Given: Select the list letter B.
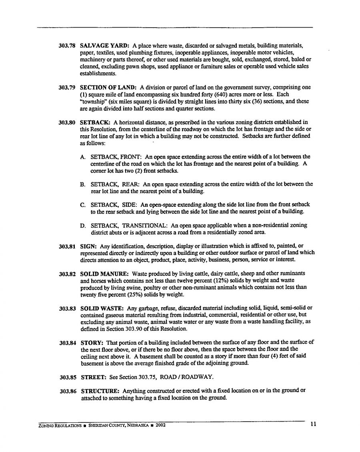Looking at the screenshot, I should click(x=83, y=185).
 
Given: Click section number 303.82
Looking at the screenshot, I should click(x=67, y=274).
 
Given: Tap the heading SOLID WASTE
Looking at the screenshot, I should click(x=102, y=308).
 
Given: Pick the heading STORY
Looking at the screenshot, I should click(x=92, y=342).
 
